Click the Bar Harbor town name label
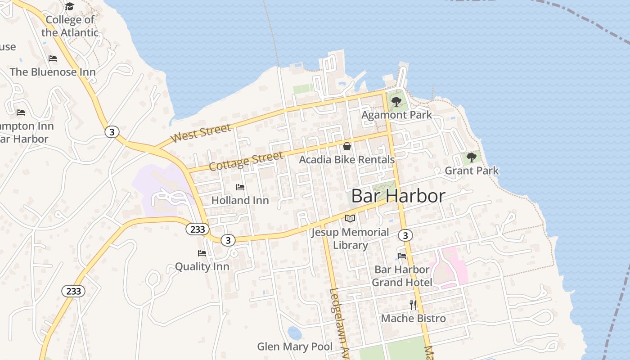(x=398, y=196)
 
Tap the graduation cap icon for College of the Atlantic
(x=69, y=6)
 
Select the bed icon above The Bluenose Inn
(x=53, y=58)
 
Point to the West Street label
(x=202, y=134)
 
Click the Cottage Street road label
(x=246, y=161)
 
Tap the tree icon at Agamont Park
(x=396, y=102)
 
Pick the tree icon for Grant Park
(x=471, y=157)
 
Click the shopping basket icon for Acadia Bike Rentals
(x=347, y=146)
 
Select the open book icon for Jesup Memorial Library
(x=350, y=219)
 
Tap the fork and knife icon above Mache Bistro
(x=413, y=305)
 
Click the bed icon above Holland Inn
(x=240, y=187)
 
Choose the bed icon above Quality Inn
(x=202, y=253)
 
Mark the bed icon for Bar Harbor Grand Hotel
(x=402, y=256)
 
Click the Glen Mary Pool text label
(x=295, y=346)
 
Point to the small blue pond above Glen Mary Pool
(x=295, y=333)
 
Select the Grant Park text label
(x=472, y=171)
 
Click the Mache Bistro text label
(x=413, y=319)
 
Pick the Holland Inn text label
(x=240, y=200)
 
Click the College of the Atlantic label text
(x=70, y=26)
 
